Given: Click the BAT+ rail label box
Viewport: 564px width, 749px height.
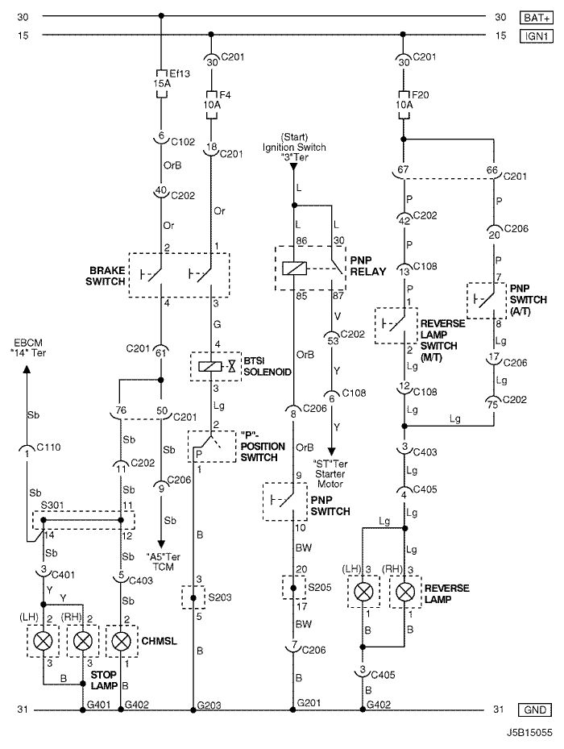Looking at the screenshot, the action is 536,18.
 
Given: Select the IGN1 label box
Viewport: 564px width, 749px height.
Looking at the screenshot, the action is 536,35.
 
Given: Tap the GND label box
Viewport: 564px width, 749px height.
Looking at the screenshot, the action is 535,709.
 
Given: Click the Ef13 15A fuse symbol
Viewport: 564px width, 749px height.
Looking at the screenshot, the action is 161,84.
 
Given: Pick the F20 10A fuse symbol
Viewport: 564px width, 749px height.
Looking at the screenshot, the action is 404,104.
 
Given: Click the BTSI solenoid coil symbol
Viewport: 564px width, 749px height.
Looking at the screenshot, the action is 209,366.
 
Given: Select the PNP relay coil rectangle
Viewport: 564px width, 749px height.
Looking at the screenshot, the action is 292,268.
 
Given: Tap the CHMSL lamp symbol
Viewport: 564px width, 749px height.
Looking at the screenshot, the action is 122,641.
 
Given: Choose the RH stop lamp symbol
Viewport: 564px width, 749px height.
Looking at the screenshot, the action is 83,641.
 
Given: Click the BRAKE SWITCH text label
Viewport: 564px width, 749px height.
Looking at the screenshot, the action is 105,276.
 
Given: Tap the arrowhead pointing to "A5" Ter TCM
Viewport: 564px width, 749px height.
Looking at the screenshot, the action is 161,544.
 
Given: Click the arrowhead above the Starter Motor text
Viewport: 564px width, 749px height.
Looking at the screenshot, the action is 331,451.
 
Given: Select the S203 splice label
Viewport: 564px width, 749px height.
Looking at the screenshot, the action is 220,597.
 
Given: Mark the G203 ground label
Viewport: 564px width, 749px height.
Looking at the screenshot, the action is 209,705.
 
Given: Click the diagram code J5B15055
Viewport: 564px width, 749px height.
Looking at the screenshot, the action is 529,732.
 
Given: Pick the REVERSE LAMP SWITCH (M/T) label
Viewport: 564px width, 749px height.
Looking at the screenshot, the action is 442,340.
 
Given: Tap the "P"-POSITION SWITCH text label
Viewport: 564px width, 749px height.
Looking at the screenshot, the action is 263,446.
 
